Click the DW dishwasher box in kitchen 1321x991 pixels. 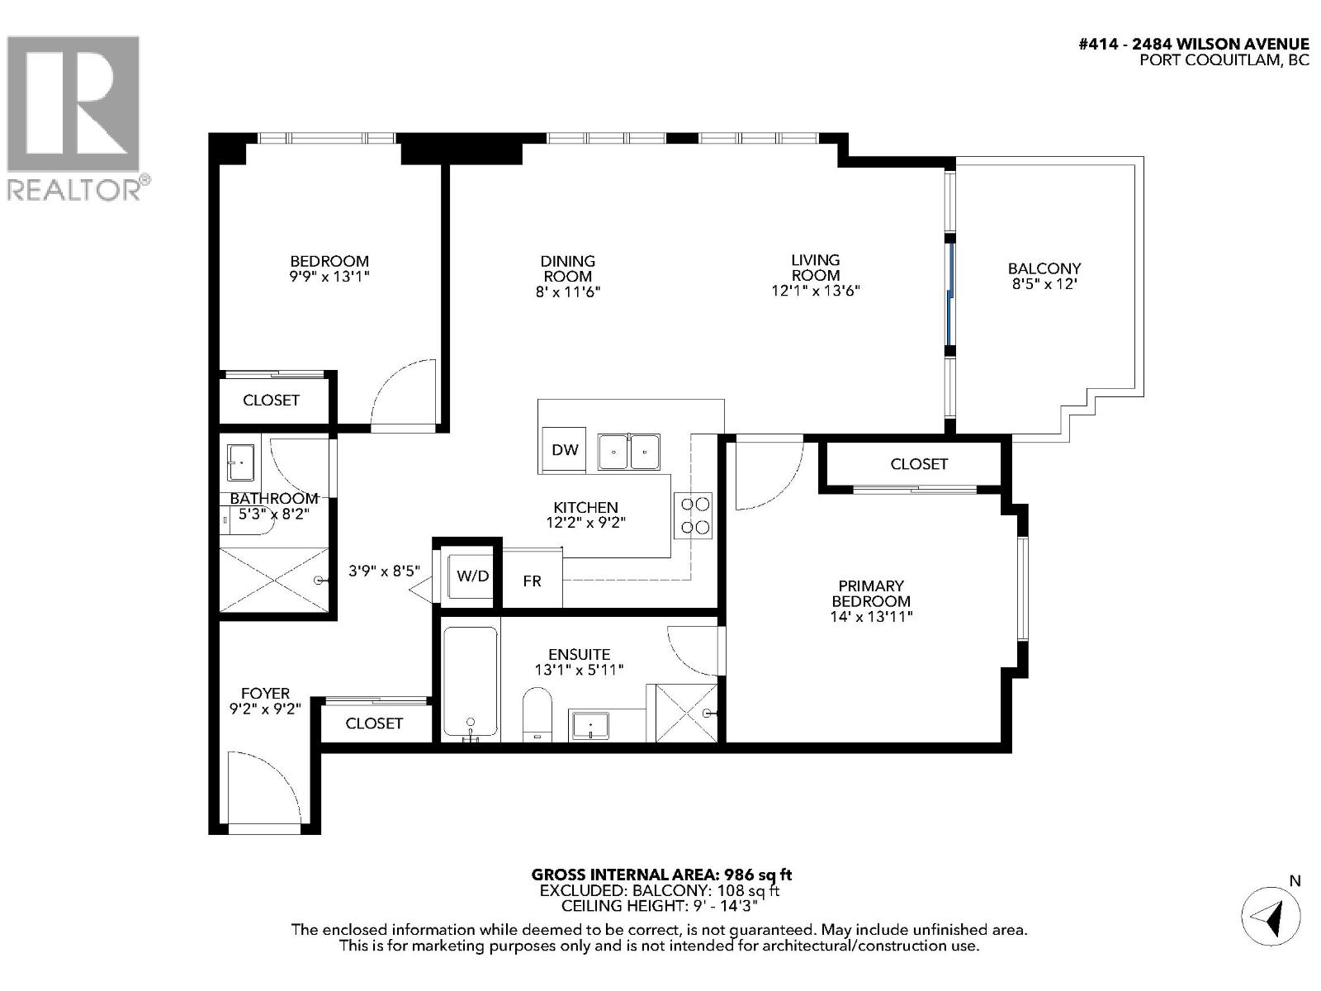pyautogui.click(x=565, y=450)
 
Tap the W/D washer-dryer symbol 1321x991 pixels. pyautogui.click(x=472, y=576)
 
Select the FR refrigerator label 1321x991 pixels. pyautogui.click(x=532, y=581)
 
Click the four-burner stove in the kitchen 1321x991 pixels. pyautogui.click(x=694, y=515)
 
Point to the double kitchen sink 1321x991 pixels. pyautogui.click(x=629, y=451)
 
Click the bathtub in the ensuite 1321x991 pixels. pyautogui.click(x=471, y=682)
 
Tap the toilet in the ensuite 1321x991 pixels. pyautogui.click(x=537, y=715)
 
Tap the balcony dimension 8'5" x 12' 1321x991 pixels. pyautogui.click(x=1044, y=284)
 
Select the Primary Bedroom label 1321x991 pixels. pyautogui.click(x=871, y=600)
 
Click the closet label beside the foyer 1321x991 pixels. pyautogui.click(x=374, y=723)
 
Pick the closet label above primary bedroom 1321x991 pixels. pyautogui.click(x=918, y=464)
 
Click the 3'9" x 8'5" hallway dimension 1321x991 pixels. pyautogui.click(x=384, y=571)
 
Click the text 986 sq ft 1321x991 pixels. pyautogui.click(x=758, y=875)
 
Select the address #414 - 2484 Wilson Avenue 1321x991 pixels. pyautogui.click(x=1194, y=45)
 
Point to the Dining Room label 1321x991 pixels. pyautogui.click(x=567, y=268)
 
